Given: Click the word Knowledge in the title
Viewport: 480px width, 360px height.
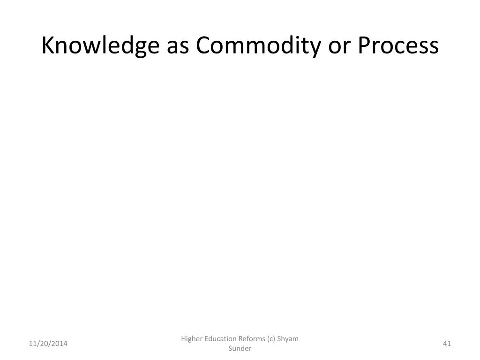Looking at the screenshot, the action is click(x=100, y=46).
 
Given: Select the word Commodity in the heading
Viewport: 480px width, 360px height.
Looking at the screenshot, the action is click(x=258, y=46).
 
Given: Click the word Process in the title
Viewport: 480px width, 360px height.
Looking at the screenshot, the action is click(x=398, y=46).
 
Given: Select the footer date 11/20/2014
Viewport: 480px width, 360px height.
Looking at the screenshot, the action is click(x=48, y=344).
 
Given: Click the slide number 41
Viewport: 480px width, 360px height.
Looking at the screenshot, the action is click(x=447, y=344).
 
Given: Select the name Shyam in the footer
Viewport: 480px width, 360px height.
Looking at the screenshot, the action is click(x=288, y=339).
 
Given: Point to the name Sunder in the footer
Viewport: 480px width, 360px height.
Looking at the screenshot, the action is click(x=240, y=348).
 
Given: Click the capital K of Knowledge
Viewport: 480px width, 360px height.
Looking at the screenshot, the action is click(x=48, y=45).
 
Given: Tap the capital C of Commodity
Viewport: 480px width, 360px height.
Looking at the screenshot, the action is click(x=203, y=45).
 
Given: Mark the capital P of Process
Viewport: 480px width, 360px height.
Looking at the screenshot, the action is click(x=364, y=45).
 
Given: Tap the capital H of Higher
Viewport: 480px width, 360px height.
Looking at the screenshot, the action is click(x=184, y=339).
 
